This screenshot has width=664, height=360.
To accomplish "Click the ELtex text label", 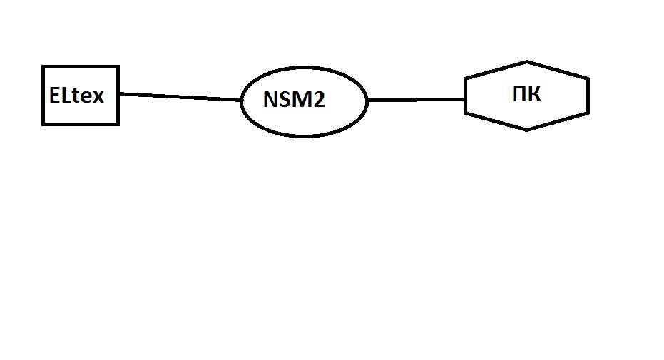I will [x=76, y=96].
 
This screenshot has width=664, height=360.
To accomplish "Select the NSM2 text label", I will [x=294, y=101].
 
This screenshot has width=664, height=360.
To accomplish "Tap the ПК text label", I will [x=526, y=95].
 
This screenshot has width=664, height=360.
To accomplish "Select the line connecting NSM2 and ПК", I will [x=416, y=101].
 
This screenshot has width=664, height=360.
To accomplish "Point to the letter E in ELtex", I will [x=54, y=96].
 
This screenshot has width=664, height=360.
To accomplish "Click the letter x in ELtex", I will [x=98, y=97].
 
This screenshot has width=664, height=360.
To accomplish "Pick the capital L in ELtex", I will [x=65, y=96].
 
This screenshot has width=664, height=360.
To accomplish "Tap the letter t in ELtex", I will [x=74, y=96].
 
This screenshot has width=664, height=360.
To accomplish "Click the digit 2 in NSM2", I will [x=319, y=101].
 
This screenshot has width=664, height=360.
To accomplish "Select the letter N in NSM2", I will [x=270, y=101].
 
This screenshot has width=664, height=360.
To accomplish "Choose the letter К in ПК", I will [x=534, y=95].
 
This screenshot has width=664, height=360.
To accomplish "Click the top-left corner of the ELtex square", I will [x=44, y=67].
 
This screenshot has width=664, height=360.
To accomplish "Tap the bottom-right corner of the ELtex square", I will [x=118, y=124].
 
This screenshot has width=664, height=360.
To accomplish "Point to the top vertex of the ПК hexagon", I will [x=526, y=62].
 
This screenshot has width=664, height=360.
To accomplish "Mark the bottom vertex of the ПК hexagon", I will [x=526, y=130].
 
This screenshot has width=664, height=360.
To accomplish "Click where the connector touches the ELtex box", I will [x=119, y=93].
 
